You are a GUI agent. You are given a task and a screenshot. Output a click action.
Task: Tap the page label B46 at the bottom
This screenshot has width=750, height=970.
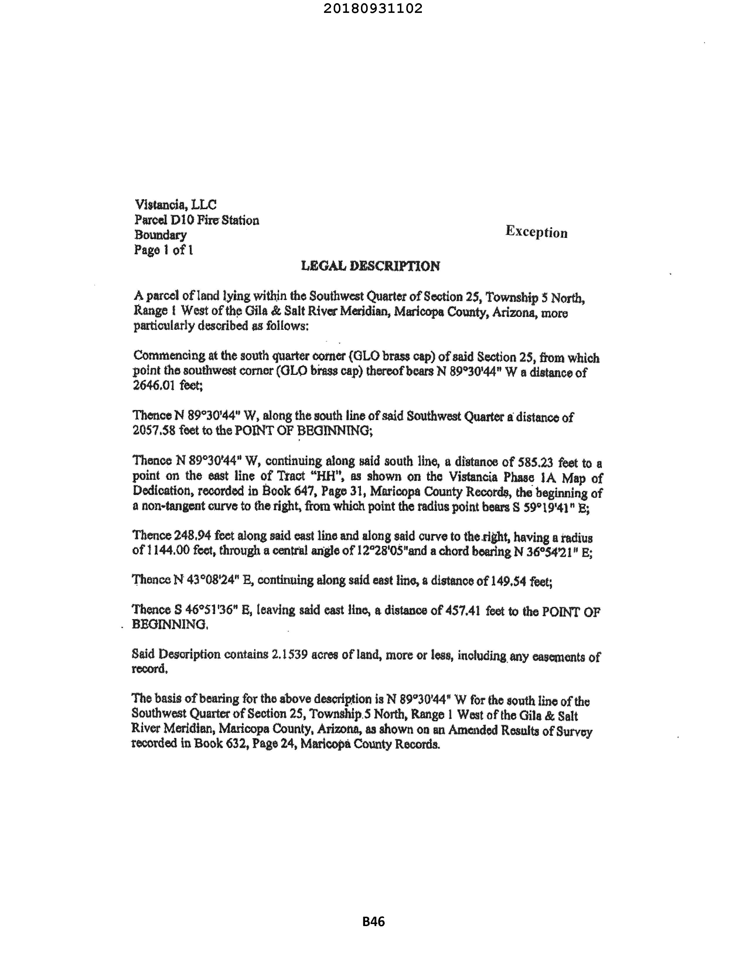[374, 922]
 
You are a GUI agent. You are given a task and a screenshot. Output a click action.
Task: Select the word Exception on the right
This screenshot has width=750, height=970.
[536, 232]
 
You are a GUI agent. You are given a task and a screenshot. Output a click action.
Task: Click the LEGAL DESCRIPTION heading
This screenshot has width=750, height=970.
[371, 266]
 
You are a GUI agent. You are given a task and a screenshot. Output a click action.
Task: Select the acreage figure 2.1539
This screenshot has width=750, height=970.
[289, 655]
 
